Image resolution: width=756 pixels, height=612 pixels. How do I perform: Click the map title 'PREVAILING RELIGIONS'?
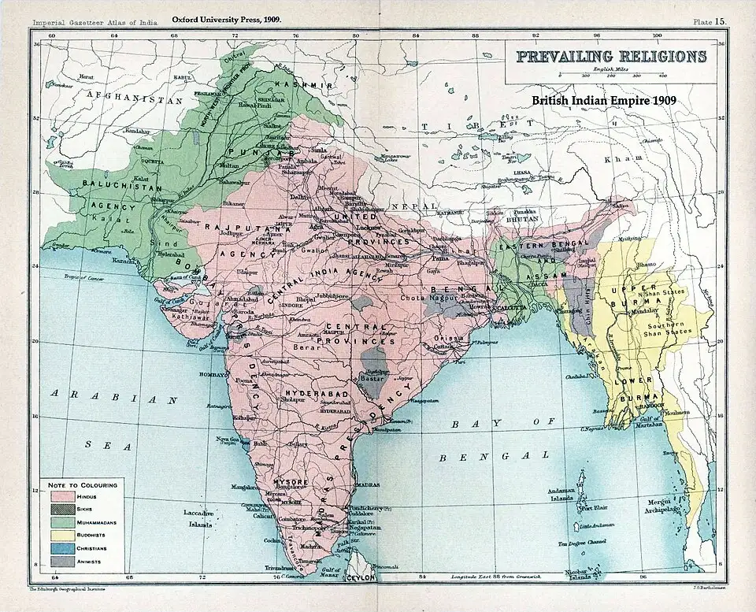click(x=610, y=57)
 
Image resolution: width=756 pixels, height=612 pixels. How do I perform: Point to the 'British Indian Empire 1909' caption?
click(x=604, y=102)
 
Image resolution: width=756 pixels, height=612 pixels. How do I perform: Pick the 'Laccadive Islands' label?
click(x=199, y=517)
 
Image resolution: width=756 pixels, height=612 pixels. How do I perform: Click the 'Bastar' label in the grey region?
click(x=371, y=379)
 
